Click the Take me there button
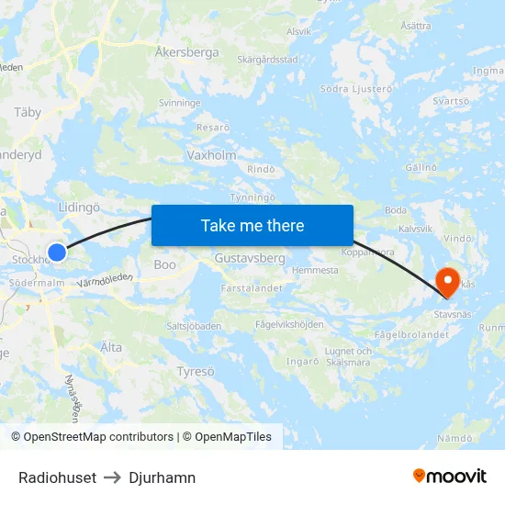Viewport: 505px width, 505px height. pos(252,225)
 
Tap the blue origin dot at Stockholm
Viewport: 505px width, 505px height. pos(57,252)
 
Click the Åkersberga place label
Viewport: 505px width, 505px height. pos(187,52)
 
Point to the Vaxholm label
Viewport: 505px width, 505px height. pos(211,155)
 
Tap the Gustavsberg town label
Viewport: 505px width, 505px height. pos(250,259)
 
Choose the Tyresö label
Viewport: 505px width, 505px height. pos(195,371)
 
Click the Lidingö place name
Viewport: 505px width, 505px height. pos(78,208)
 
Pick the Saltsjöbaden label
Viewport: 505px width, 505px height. pos(194,326)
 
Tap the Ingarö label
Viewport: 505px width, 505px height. pos(301,361)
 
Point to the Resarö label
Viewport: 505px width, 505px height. pos(213,128)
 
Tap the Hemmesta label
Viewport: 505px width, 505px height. pos(315,271)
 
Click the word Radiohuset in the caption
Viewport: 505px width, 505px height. pos(57,477)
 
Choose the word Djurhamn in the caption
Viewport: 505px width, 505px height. pos(163,477)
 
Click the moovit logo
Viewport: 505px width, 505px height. pos(449,476)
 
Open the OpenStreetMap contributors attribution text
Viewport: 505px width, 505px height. pos(92,437)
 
